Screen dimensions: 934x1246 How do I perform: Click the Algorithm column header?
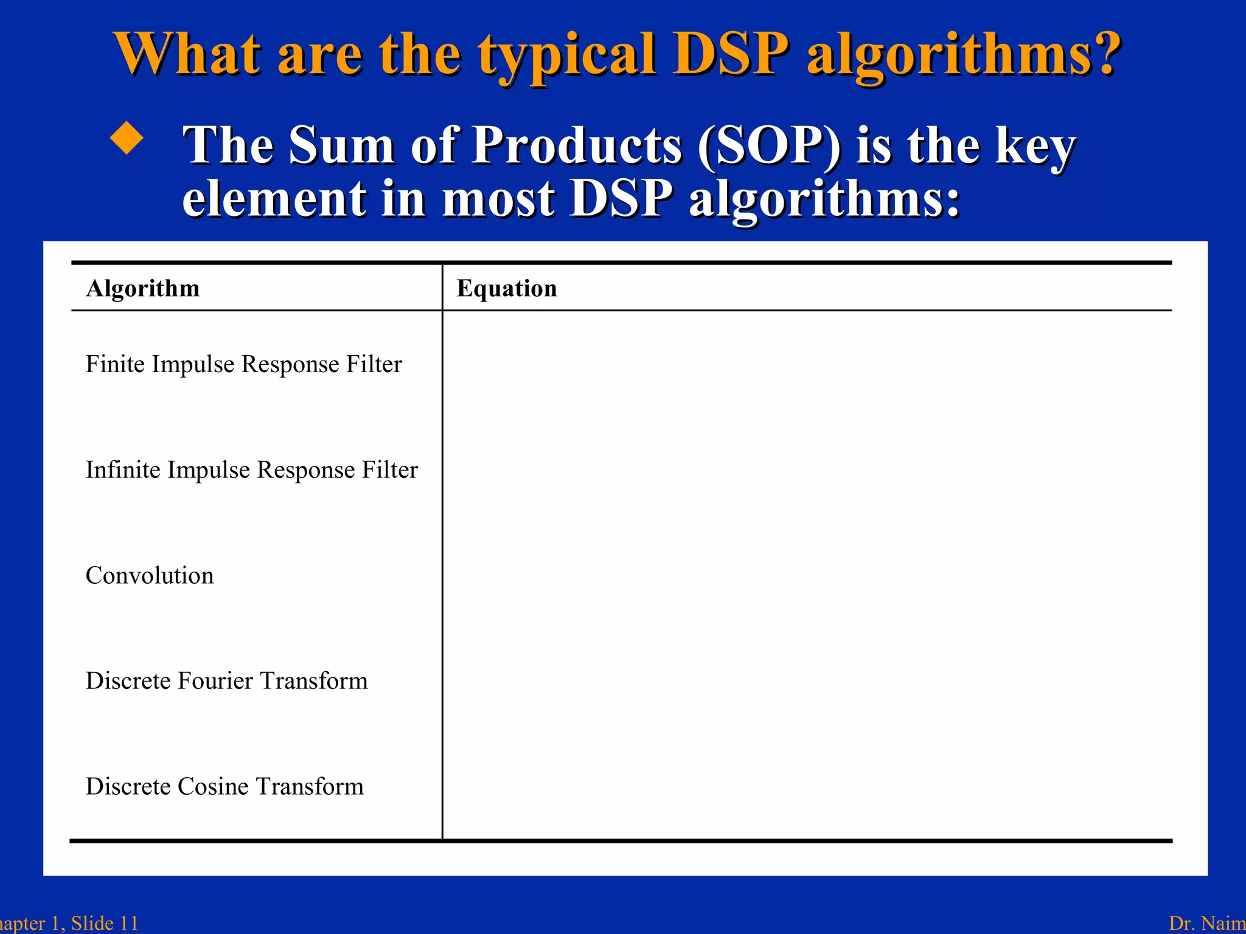click(143, 288)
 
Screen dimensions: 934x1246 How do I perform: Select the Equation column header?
click(507, 288)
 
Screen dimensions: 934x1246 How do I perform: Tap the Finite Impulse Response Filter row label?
click(244, 364)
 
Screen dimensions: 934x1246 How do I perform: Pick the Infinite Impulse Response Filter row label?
click(252, 470)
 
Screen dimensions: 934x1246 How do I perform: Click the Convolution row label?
click(150, 575)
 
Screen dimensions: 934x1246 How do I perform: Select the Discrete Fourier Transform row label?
click(226, 681)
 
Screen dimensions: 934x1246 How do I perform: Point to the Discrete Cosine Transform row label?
click(224, 786)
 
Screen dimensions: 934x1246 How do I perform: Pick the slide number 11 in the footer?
click(128, 923)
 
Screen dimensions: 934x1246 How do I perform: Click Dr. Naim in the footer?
click(1207, 923)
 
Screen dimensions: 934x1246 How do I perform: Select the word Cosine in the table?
click(213, 786)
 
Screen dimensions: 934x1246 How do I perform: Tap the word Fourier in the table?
click(215, 681)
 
